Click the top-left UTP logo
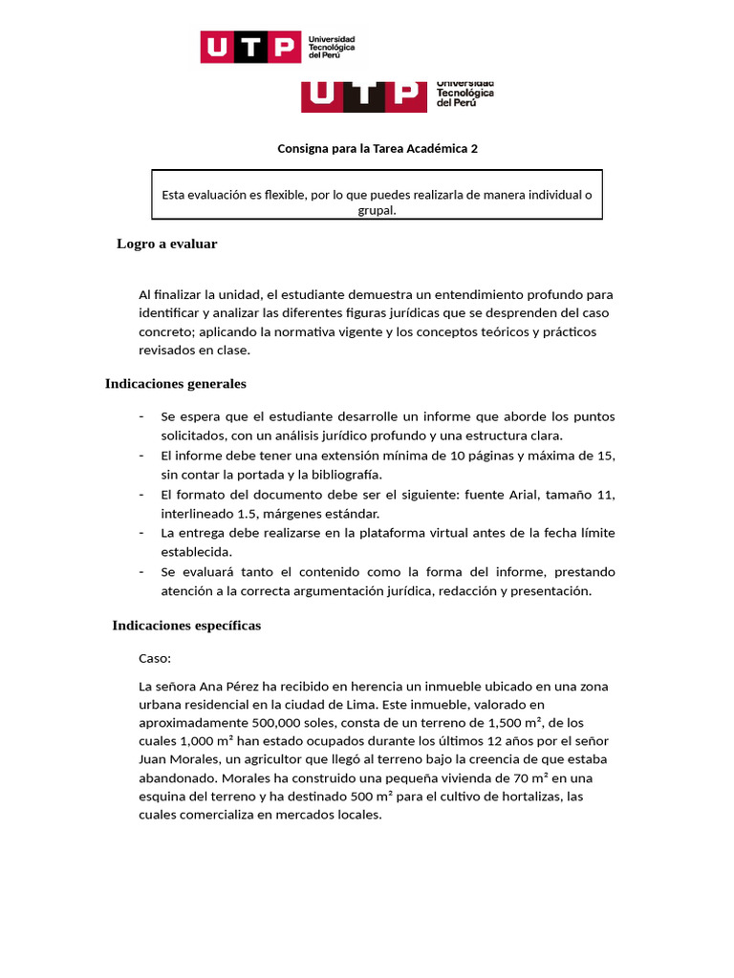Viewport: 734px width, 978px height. coord(277,47)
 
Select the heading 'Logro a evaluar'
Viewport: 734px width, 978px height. coord(167,244)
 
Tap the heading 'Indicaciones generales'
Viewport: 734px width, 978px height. coord(175,384)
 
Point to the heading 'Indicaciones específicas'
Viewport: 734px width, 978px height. coord(186,626)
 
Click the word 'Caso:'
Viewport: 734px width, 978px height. coord(155,659)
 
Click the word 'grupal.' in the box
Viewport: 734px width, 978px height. coord(377,211)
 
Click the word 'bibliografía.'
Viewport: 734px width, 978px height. coord(342,475)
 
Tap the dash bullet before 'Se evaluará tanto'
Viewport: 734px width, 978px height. coord(142,571)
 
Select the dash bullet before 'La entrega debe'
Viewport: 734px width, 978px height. coord(142,532)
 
